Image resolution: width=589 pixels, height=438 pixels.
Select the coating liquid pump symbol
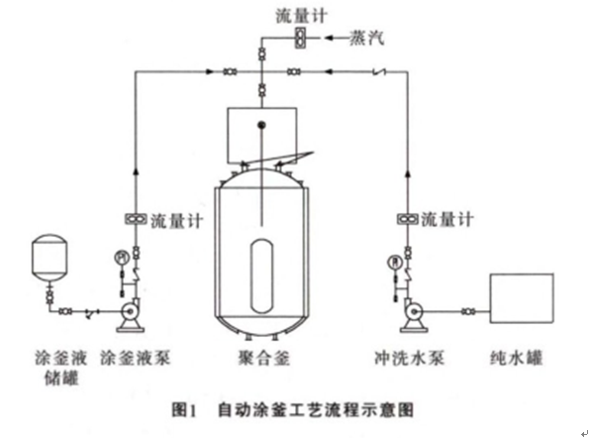click(x=128, y=313)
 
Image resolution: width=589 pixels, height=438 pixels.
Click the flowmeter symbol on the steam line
click(x=298, y=38)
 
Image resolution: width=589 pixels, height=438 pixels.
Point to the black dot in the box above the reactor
click(x=261, y=125)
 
